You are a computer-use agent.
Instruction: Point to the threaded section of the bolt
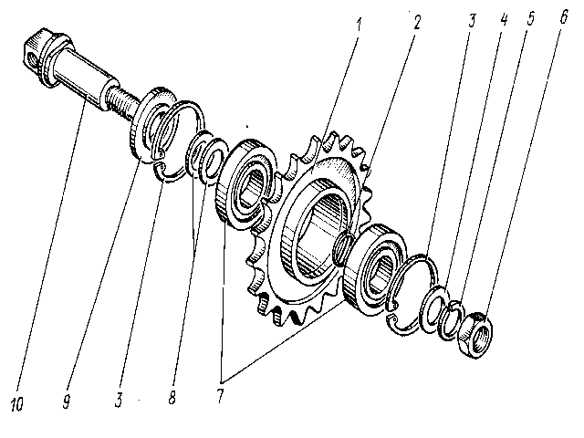(120, 93)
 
